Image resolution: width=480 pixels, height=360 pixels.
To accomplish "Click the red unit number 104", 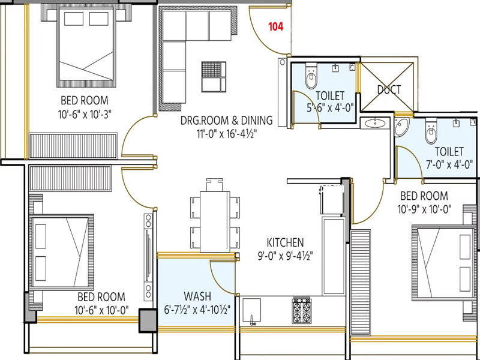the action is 276,26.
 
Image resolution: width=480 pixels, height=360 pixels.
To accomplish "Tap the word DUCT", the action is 389,89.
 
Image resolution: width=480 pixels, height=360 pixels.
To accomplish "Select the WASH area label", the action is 197,296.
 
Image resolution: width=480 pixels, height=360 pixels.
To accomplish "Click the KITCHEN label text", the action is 286,242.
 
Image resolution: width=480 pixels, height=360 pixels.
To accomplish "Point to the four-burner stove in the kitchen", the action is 302,310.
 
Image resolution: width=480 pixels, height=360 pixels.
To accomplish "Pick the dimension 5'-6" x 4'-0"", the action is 330,108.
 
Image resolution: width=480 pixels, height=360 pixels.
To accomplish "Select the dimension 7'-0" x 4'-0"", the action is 449,164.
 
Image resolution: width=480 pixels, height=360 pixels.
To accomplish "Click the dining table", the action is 215,221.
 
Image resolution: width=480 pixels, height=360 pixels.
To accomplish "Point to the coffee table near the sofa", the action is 214,77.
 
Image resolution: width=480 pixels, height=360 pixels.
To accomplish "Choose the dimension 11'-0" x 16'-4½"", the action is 227,134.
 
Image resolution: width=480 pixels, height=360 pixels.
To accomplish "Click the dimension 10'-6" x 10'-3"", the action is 85,115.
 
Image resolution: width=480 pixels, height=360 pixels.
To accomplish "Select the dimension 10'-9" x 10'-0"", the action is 425,209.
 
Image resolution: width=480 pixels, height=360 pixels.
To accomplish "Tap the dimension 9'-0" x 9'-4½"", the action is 286,256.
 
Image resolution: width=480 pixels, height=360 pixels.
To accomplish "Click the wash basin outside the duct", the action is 375,123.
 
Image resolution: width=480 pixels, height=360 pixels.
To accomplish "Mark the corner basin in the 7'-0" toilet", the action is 401,127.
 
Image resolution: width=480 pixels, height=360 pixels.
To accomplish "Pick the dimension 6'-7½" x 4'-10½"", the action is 197,310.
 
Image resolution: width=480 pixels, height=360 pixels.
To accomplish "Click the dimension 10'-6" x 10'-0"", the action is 101,310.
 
